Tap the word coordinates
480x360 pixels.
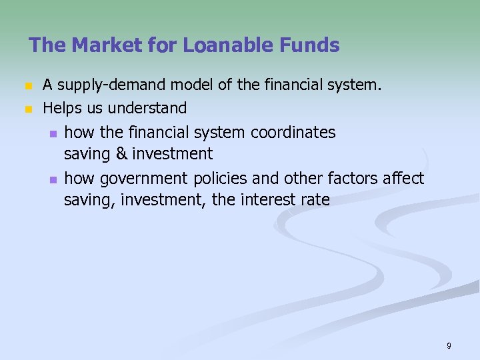293,133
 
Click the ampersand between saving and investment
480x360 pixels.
121,154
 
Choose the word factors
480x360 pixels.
357,179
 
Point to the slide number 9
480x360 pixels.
449,345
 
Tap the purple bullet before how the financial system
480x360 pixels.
53,133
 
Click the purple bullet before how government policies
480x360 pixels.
53,179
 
